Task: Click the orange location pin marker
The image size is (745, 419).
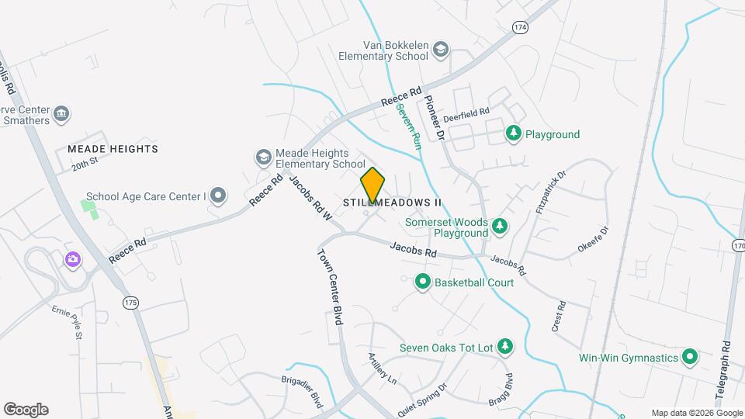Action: (373, 185)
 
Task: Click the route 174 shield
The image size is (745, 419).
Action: (520, 27)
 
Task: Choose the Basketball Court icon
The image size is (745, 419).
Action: (423, 282)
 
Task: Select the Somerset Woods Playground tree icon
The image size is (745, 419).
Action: (501, 226)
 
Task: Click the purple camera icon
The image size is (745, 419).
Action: (74, 259)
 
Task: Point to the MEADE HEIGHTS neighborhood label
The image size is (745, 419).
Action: (113, 148)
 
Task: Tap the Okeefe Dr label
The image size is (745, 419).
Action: (594, 239)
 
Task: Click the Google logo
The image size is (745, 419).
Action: (26, 409)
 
